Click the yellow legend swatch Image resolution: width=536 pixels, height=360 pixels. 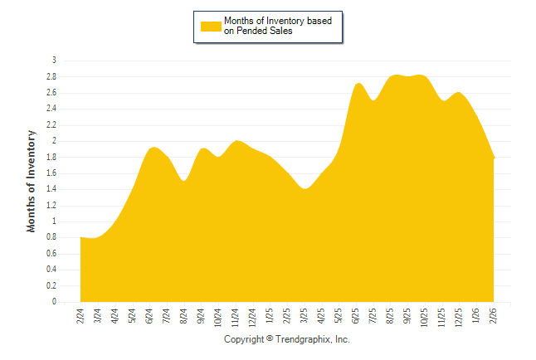pyautogui.click(x=211, y=26)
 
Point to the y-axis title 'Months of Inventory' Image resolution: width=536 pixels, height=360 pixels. pyautogui.click(x=32, y=180)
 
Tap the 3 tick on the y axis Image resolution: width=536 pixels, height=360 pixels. pyautogui.click(x=54, y=61)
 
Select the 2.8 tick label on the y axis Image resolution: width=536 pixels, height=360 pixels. pyautogui.click(x=51, y=76)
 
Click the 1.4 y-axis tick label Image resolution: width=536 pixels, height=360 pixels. pyautogui.click(x=51, y=189)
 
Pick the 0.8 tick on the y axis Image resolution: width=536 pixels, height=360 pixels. pyautogui.click(x=51, y=238)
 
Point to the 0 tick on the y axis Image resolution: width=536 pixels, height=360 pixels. pyautogui.click(x=54, y=303)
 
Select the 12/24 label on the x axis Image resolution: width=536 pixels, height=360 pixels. pyautogui.click(x=253, y=318)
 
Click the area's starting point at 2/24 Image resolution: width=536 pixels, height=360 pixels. pyautogui.click(x=80, y=238)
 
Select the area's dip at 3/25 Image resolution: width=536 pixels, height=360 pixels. pyautogui.click(x=305, y=189)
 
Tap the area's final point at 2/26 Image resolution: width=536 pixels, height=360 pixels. pyautogui.click(x=495, y=158)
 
